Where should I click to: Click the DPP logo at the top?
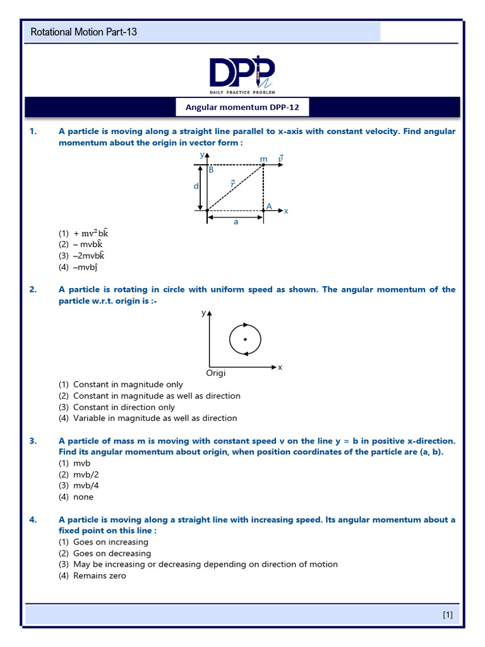pyautogui.click(x=242, y=73)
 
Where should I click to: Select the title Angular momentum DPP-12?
pyautogui.click(x=242, y=108)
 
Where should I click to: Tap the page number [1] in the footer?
pyautogui.click(x=447, y=614)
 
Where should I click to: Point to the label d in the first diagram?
pyautogui.click(x=196, y=186)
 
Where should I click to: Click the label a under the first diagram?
pyautogui.click(x=236, y=222)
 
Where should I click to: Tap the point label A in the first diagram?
pyautogui.click(x=269, y=206)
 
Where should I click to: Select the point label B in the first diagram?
pyautogui.click(x=211, y=170)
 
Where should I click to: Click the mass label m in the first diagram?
pyautogui.click(x=263, y=159)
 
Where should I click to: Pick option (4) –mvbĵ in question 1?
pyautogui.click(x=82, y=267)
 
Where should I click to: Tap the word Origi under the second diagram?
pyautogui.click(x=216, y=373)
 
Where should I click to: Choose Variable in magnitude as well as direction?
pyautogui.click(x=155, y=418)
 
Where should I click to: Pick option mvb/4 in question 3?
pyautogui.click(x=83, y=485)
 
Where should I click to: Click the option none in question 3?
pyautogui.click(x=83, y=497)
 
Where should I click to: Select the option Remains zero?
pyautogui.click(x=99, y=576)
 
